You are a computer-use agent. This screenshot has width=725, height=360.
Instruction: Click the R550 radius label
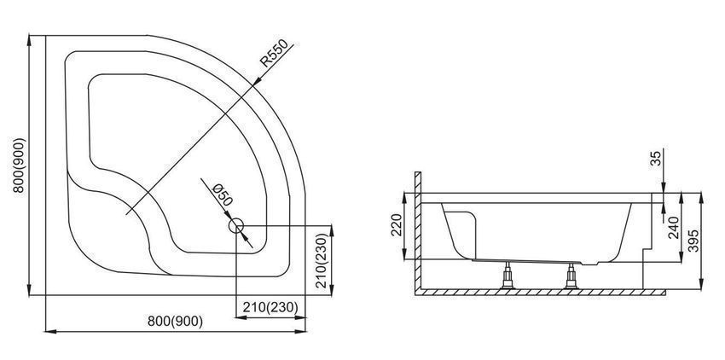[x=274, y=53]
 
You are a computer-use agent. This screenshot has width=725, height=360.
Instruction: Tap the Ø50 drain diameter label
[x=222, y=195]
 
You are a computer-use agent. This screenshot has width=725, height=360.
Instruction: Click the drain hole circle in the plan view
[x=235, y=226]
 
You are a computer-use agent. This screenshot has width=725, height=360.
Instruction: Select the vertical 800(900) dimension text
[x=20, y=165]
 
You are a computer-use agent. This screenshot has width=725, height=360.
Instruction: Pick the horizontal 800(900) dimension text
[x=175, y=321]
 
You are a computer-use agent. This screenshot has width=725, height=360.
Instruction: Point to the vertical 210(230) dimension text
[x=322, y=260]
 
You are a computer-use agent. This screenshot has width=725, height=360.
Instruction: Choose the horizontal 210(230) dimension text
[x=270, y=307]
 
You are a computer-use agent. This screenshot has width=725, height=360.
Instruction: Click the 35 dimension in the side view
[x=656, y=159]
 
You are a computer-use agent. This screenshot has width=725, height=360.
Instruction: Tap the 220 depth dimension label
[x=397, y=225]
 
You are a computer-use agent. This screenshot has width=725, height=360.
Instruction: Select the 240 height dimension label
[x=674, y=227]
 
